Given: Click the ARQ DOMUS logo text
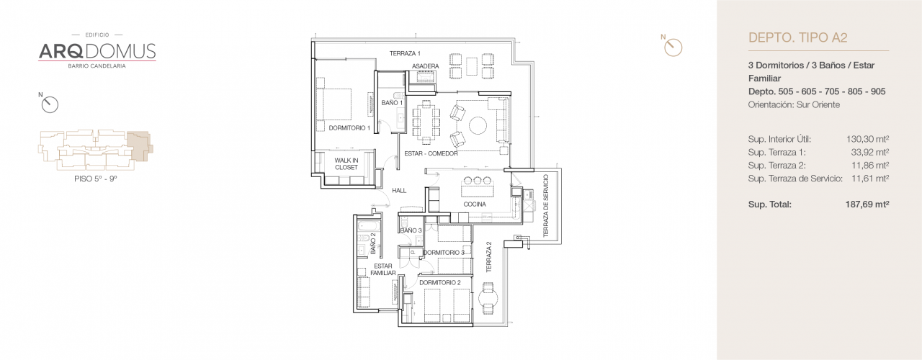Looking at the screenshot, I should (x=97, y=50).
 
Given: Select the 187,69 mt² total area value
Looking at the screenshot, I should (x=867, y=204).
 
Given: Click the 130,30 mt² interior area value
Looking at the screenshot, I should (x=868, y=139).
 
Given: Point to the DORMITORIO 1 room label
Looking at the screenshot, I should (x=349, y=128).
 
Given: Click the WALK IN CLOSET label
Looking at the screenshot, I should (x=346, y=164).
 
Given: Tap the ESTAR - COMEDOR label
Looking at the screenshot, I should (x=431, y=153).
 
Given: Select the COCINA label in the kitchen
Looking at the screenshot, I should (x=474, y=204).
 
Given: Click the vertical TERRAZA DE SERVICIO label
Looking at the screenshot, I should (x=546, y=207).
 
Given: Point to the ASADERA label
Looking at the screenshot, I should (x=425, y=66).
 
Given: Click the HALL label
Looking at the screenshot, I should (x=398, y=191).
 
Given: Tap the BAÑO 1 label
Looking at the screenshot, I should (x=392, y=103).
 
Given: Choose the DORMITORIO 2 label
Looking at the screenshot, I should (x=439, y=282).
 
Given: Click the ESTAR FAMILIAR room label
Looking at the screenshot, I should (x=383, y=269).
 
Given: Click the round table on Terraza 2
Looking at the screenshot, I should (x=489, y=296).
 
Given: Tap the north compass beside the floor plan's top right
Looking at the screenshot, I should (x=673, y=47).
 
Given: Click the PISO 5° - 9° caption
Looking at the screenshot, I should (x=95, y=177).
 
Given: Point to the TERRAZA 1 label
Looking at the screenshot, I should (x=405, y=53).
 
